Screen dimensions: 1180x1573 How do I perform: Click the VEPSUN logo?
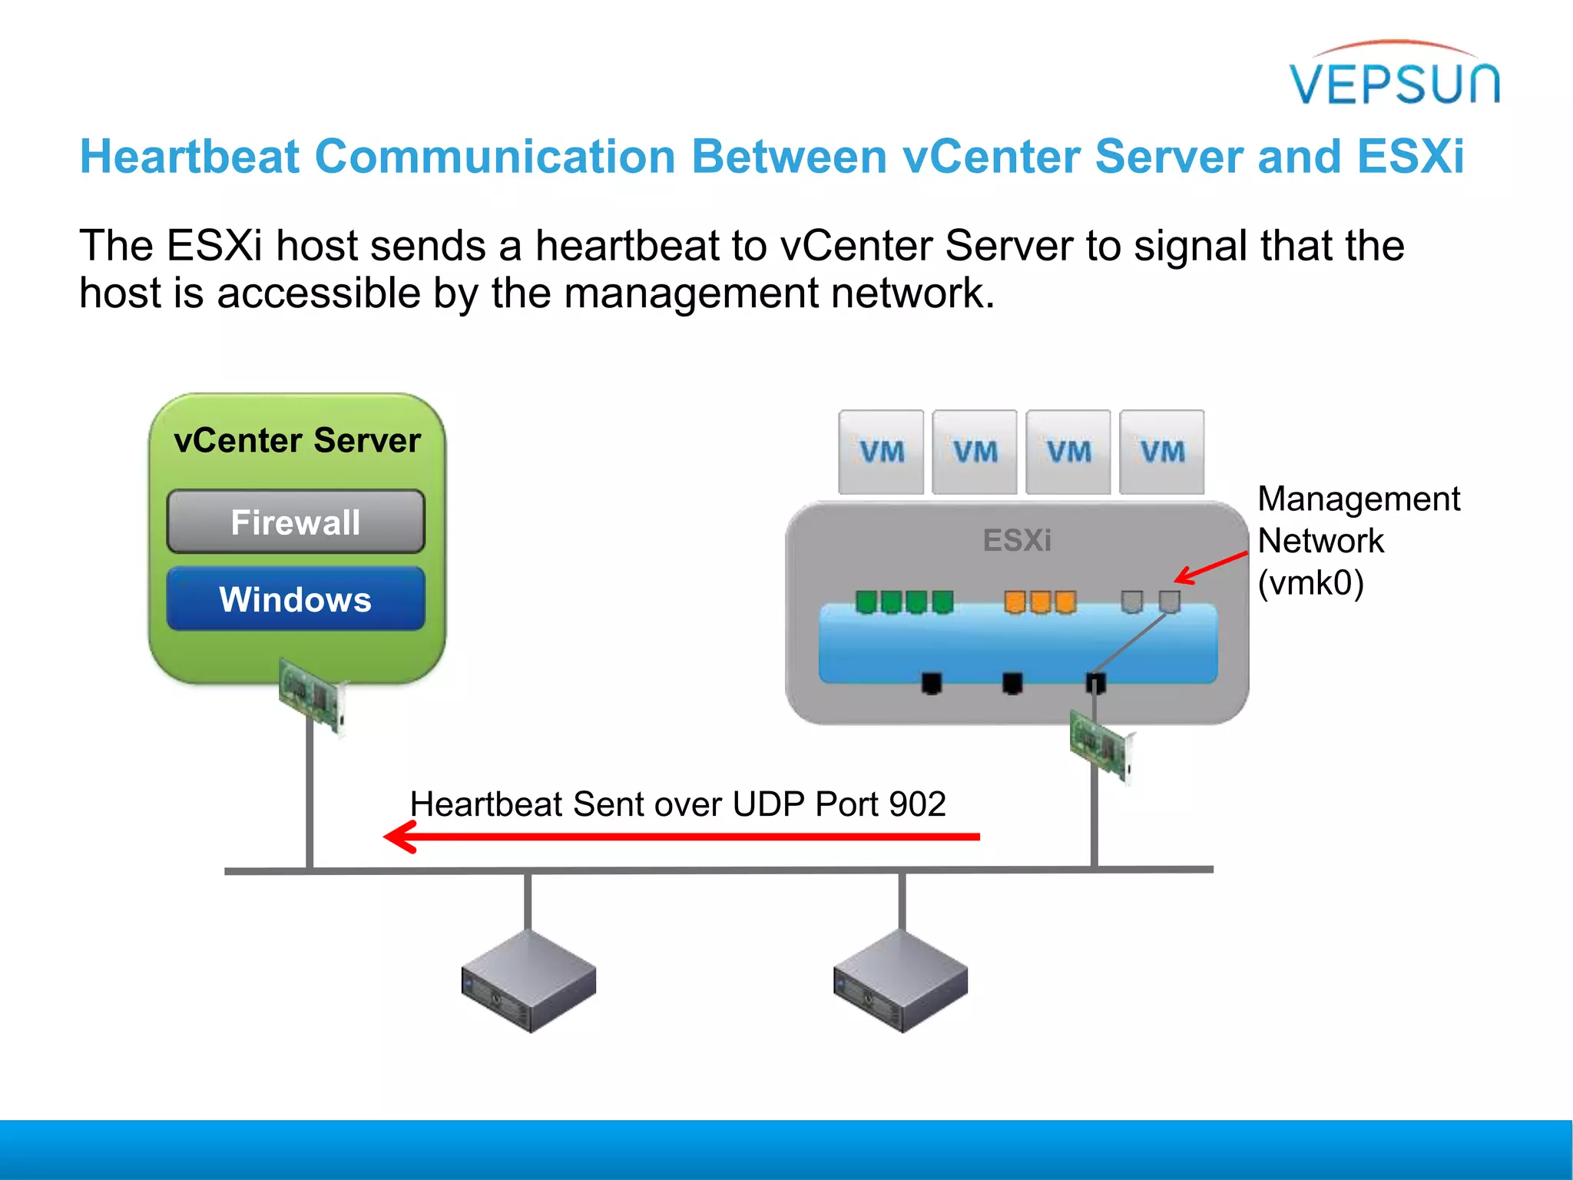click(x=1394, y=77)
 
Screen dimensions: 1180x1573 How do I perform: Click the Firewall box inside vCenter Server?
click(x=296, y=522)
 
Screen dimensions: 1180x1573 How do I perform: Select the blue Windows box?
click(x=296, y=599)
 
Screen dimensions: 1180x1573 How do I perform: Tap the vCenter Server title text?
click(x=297, y=440)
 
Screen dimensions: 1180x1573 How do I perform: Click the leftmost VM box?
click(x=881, y=452)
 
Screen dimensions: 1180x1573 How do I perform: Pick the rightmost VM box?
click(x=1161, y=452)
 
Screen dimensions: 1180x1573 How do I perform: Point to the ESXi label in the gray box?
click(x=1017, y=540)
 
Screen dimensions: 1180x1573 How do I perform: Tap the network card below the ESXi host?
click(x=1101, y=745)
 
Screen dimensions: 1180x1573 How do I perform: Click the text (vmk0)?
click(x=1310, y=582)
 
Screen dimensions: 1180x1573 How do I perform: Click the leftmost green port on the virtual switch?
click(x=866, y=602)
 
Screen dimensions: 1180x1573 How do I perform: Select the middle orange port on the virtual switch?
click(x=1040, y=602)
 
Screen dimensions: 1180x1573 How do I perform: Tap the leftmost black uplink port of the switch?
click(x=931, y=681)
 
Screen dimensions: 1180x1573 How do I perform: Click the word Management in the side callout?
click(x=1358, y=499)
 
